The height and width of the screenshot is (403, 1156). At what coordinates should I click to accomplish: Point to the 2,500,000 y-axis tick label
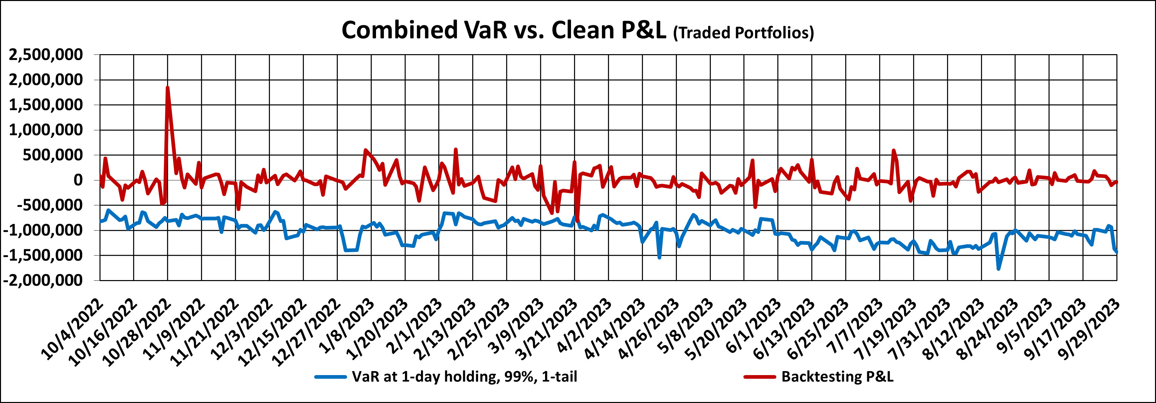click(x=46, y=55)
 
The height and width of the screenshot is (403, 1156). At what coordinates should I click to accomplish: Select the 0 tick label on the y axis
click(x=78, y=180)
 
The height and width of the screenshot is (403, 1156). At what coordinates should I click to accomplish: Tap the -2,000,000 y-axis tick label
click(x=44, y=280)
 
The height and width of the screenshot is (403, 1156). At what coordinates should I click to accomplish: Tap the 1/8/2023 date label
click(x=347, y=327)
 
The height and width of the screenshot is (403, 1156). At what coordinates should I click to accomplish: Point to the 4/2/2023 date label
click(x=584, y=327)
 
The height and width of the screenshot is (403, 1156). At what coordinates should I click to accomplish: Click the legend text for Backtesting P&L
click(x=837, y=376)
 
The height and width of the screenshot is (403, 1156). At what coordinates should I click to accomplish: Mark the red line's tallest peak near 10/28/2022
click(x=167, y=87)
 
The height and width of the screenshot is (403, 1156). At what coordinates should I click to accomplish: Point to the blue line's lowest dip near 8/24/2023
click(x=999, y=268)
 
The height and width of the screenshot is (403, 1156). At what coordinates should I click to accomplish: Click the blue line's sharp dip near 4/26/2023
click(x=659, y=257)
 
